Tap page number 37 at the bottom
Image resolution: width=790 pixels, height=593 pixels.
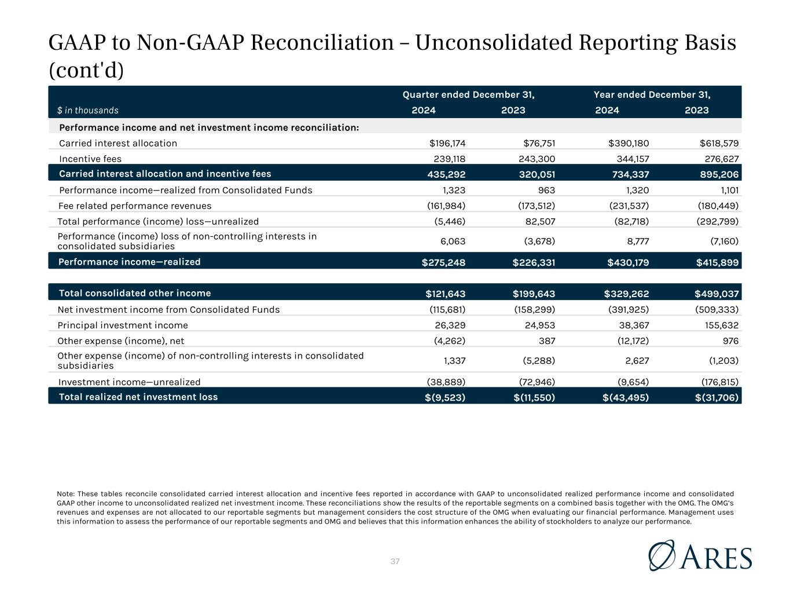(395, 561)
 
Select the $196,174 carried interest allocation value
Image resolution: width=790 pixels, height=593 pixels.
(447, 143)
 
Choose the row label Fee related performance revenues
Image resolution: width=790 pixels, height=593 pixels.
(135, 206)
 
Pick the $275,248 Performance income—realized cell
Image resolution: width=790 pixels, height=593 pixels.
(443, 262)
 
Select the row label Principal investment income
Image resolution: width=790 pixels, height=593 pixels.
(123, 325)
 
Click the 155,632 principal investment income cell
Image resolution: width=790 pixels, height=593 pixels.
(718, 325)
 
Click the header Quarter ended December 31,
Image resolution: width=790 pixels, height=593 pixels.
(468, 94)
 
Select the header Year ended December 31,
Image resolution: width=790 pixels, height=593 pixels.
(652, 94)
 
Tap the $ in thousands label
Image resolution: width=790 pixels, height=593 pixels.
(87, 110)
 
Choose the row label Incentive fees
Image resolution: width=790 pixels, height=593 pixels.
(90, 159)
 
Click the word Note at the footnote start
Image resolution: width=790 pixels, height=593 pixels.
(65, 493)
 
